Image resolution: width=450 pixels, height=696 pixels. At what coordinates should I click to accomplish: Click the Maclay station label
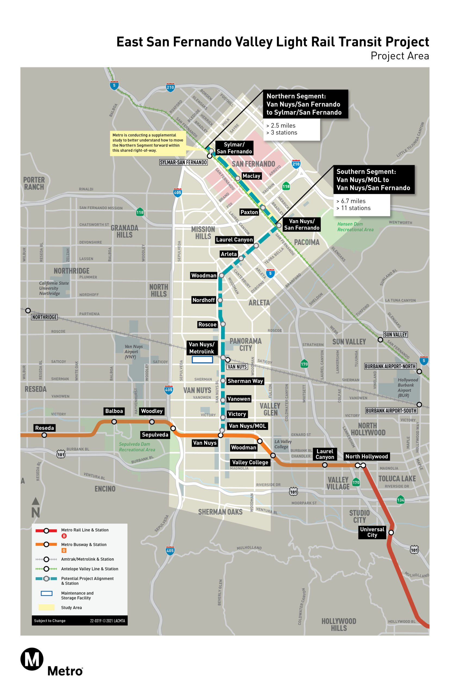click(x=251, y=176)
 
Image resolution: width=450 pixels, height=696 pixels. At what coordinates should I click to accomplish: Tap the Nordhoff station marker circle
click(x=220, y=300)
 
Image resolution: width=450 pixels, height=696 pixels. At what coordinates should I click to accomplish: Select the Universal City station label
click(x=372, y=532)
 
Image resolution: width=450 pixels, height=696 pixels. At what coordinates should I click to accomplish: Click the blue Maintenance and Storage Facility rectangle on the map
click(x=202, y=359)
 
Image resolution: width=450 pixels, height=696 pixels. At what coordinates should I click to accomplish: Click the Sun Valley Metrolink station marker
click(x=380, y=340)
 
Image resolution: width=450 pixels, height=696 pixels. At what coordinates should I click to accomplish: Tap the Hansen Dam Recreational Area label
click(x=355, y=227)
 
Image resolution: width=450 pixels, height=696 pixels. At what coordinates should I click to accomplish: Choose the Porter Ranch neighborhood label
click(x=34, y=183)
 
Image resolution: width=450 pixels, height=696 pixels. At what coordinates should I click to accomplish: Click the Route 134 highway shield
click(x=400, y=500)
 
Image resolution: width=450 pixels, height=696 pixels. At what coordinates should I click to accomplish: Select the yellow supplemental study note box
click(x=148, y=143)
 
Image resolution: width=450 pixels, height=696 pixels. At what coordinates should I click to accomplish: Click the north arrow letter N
click(x=36, y=513)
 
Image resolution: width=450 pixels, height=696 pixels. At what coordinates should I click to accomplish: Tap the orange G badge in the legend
click(x=64, y=551)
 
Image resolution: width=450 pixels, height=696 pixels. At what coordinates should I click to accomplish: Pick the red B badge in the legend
click(x=64, y=536)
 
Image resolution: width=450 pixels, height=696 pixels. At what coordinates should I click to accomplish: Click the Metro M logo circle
click(x=32, y=659)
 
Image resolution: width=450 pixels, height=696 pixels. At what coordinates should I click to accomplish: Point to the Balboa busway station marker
click(x=114, y=421)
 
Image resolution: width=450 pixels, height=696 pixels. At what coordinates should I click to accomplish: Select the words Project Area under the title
click(x=399, y=56)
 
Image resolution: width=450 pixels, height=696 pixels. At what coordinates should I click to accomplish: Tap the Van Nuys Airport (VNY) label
click(x=133, y=351)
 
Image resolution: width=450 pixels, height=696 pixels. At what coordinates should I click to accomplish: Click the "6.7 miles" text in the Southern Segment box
click(x=353, y=201)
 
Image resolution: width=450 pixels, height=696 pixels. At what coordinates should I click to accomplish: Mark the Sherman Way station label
click(x=245, y=381)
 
